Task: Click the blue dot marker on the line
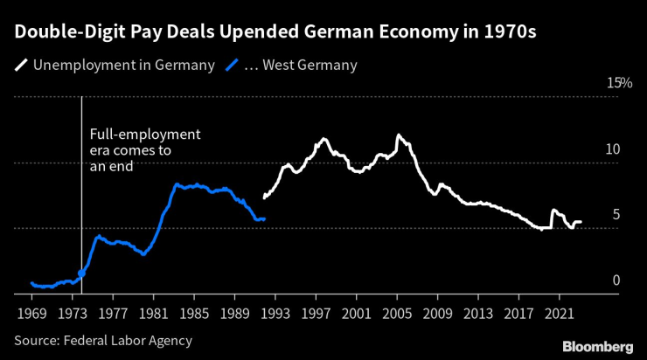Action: click(82, 273)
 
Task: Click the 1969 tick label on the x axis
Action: click(31, 312)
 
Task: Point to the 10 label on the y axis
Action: click(613, 149)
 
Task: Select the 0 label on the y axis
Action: click(616, 280)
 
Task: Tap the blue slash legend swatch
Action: click(233, 65)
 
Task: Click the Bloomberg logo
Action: click(597, 346)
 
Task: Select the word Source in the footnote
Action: click(35, 340)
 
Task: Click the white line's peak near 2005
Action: click(399, 135)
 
